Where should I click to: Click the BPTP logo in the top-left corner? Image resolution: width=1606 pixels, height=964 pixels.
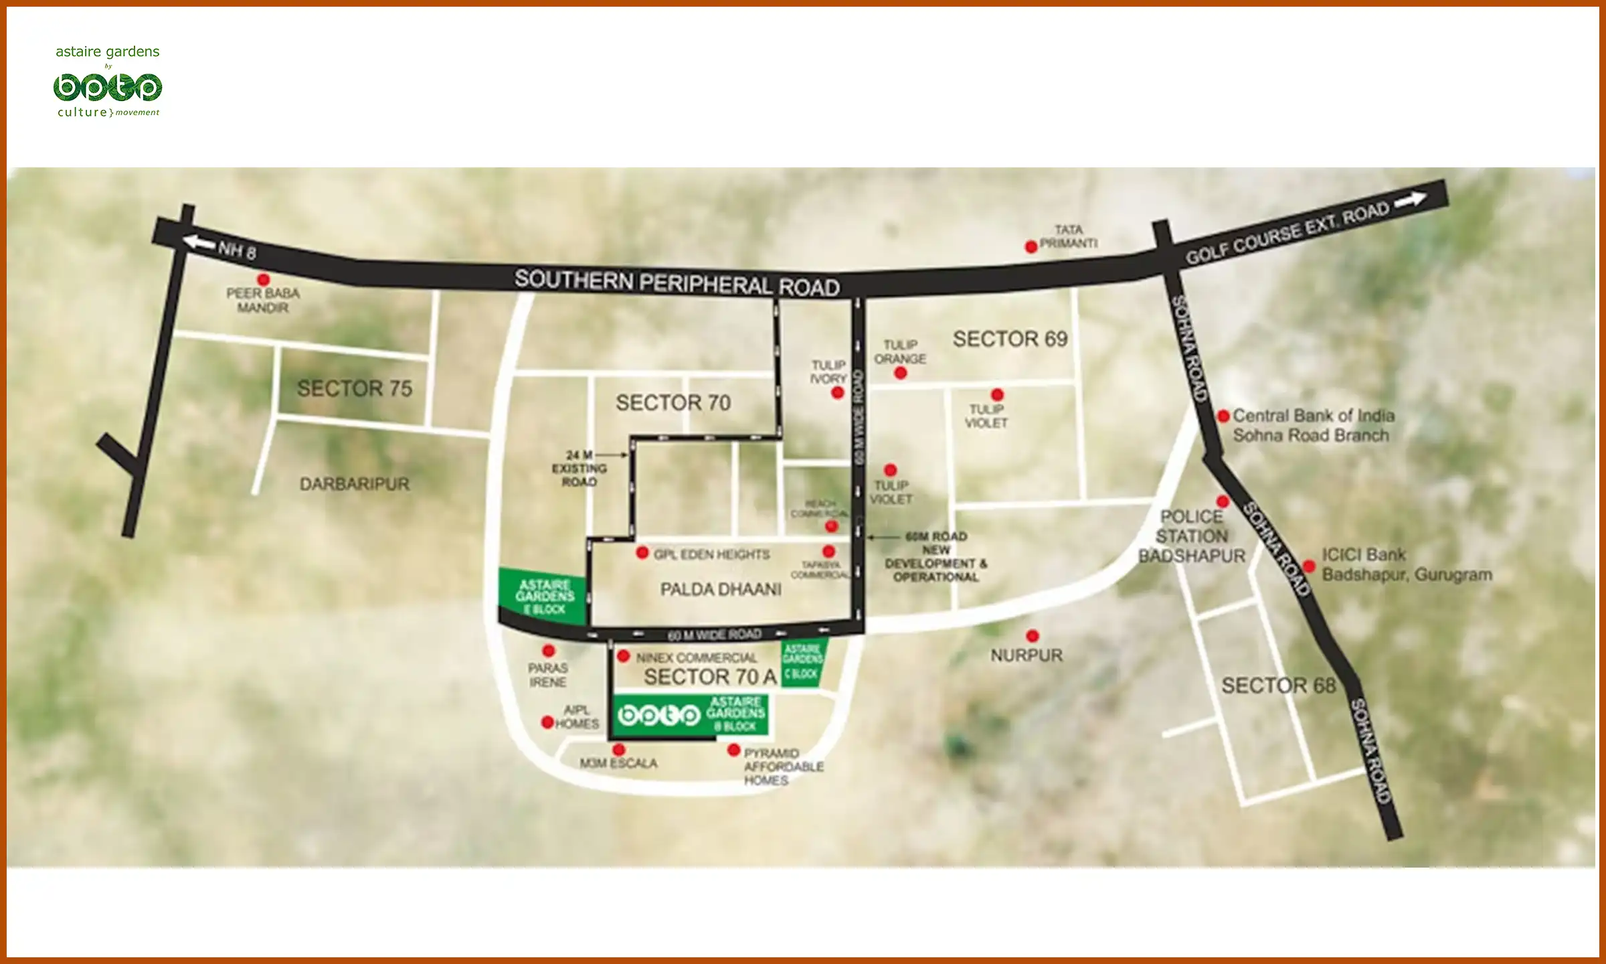(x=108, y=88)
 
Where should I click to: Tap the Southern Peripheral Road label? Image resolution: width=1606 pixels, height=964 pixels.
(x=677, y=283)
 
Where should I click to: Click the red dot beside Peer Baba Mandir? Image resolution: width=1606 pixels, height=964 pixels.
(x=264, y=279)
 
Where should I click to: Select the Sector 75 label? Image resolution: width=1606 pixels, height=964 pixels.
(x=355, y=388)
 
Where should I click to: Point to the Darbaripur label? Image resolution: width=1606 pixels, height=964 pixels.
(x=354, y=483)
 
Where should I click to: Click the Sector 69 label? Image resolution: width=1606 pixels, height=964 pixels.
(x=1010, y=339)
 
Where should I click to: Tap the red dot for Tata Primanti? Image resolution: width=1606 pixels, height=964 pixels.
(x=1031, y=246)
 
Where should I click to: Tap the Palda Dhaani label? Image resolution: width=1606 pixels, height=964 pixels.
(x=721, y=589)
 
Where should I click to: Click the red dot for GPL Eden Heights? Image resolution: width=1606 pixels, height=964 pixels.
(x=642, y=553)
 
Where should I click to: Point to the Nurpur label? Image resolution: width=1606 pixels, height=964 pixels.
(x=1027, y=655)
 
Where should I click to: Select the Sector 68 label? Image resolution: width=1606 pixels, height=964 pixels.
(x=1278, y=686)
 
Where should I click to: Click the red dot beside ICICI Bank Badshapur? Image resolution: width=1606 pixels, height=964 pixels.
(x=1310, y=566)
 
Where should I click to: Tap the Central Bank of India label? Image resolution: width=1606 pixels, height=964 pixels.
(x=1313, y=425)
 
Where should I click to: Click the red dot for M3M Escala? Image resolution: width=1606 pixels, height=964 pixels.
(x=619, y=750)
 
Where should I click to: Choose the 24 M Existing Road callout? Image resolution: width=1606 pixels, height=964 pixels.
(x=579, y=468)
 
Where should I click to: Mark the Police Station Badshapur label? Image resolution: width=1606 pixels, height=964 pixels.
(x=1192, y=536)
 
